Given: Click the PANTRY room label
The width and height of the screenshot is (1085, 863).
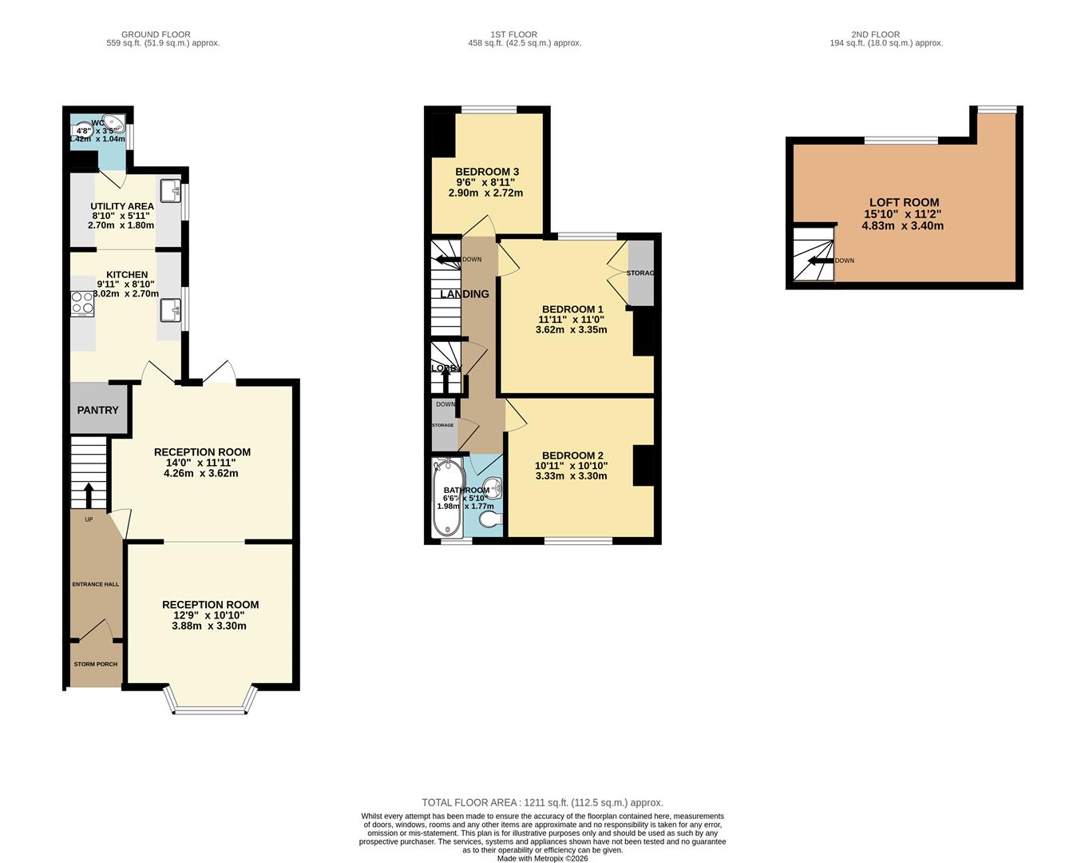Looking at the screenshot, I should tap(97, 410).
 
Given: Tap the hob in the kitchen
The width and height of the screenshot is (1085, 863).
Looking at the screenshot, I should tap(81, 304).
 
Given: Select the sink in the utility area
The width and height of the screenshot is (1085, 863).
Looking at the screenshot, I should tap(170, 191).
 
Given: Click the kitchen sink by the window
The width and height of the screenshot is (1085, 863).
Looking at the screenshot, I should tap(170, 309).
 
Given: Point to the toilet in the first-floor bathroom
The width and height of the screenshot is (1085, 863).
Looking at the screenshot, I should tap(491, 519).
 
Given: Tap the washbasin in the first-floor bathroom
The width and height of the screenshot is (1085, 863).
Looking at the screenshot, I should tap(495, 487).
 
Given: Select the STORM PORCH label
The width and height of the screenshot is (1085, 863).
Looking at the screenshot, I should tap(95, 664).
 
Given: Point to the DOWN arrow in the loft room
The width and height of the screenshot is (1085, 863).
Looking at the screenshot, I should tap(819, 260).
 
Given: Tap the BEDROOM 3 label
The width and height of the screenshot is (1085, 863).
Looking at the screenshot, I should tap(487, 172).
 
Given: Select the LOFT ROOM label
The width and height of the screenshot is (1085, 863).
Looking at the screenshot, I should tap(904, 202).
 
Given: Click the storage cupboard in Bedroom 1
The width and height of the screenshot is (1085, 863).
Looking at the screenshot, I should tap(640, 272).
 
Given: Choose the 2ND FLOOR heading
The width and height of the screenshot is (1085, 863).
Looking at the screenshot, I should tap(875, 34).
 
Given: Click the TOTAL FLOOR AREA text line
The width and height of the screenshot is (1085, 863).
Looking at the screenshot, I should tap(542, 802).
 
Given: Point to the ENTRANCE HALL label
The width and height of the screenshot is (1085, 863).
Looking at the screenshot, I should tap(95, 584).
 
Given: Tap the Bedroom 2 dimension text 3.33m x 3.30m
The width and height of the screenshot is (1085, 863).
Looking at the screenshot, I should tap(571, 476).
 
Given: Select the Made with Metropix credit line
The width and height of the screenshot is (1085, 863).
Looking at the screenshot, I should tap(542, 859).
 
